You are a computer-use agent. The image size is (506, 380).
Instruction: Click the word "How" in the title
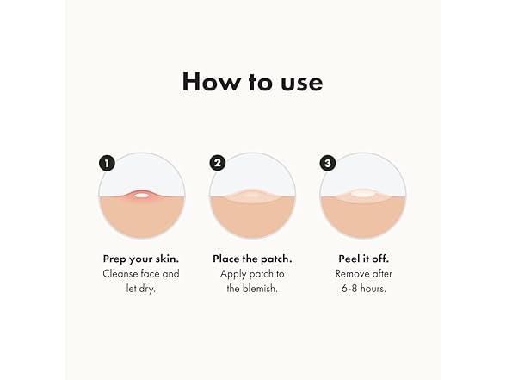point(210,82)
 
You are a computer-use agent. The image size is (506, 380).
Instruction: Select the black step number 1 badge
point(107,163)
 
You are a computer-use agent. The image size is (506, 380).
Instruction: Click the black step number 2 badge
point(218,163)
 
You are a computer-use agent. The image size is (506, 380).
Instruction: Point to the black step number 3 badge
point(328,163)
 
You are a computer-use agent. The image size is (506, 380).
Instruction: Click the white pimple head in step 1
point(142,195)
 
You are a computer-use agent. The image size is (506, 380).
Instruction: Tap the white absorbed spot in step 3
point(363,194)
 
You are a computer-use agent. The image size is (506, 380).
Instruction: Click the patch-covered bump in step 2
point(252,196)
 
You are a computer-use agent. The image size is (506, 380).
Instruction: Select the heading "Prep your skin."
point(141,259)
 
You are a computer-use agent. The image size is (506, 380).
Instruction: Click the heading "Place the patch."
point(252,259)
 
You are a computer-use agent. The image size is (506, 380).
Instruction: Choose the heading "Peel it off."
point(364,259)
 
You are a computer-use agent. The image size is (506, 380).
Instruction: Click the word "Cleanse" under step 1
point(120,274)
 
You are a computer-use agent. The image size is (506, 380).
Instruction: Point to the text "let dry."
point(141,288)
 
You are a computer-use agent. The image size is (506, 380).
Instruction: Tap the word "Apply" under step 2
point(232,274)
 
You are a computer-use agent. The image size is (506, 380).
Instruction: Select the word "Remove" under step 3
point(350,274)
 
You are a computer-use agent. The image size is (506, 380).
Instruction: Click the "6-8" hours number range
point(349,288)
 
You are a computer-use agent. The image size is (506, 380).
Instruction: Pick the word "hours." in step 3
point(373,288)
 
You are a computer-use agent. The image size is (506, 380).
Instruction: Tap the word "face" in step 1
point(150,274)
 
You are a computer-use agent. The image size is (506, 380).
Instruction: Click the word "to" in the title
point(261,83)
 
